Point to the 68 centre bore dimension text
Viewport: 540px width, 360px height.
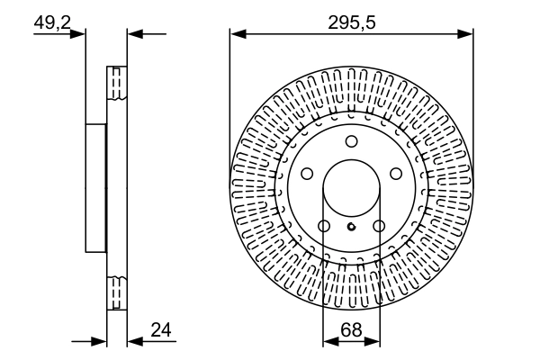(x=351, y=330)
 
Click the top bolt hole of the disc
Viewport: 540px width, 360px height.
(x=351, y=140)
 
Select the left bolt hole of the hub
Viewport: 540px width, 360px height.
(x=306, y=174)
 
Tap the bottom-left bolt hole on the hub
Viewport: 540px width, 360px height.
(x=323, y=226)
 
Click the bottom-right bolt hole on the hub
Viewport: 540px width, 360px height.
(x=379, y=226)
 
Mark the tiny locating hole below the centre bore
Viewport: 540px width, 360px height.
(x=351, y=226)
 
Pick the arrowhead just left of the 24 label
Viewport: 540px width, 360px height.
(x=133, y=342)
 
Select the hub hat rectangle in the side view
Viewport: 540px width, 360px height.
(x=95, y=188)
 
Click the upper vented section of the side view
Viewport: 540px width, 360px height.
(x=116, y=85)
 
